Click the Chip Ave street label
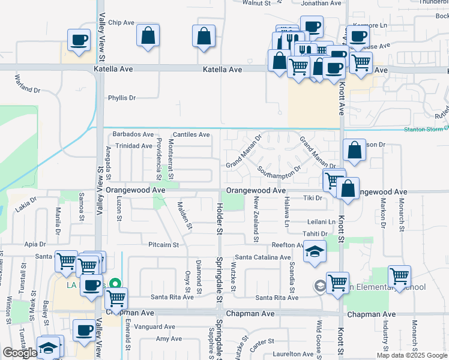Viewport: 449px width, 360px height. (x=121, y=23)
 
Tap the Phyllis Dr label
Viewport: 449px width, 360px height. (x=122, y=98)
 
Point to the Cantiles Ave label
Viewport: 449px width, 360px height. (x=191, y=135)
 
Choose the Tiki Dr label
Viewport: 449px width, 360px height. (x=313, y=198)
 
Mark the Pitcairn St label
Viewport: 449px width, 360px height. (x=164, y=245)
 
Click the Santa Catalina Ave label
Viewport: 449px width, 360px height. (x=262, y=257)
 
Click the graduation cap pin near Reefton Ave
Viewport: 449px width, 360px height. (x=315, y=252)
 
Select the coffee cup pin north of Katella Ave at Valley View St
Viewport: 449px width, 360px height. (x=79, y=41)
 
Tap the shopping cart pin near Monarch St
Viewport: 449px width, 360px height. (x=399, y=277)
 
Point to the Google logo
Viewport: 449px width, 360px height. (x=20, y=353)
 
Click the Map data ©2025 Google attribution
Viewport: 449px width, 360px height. (x=411, y=355)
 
